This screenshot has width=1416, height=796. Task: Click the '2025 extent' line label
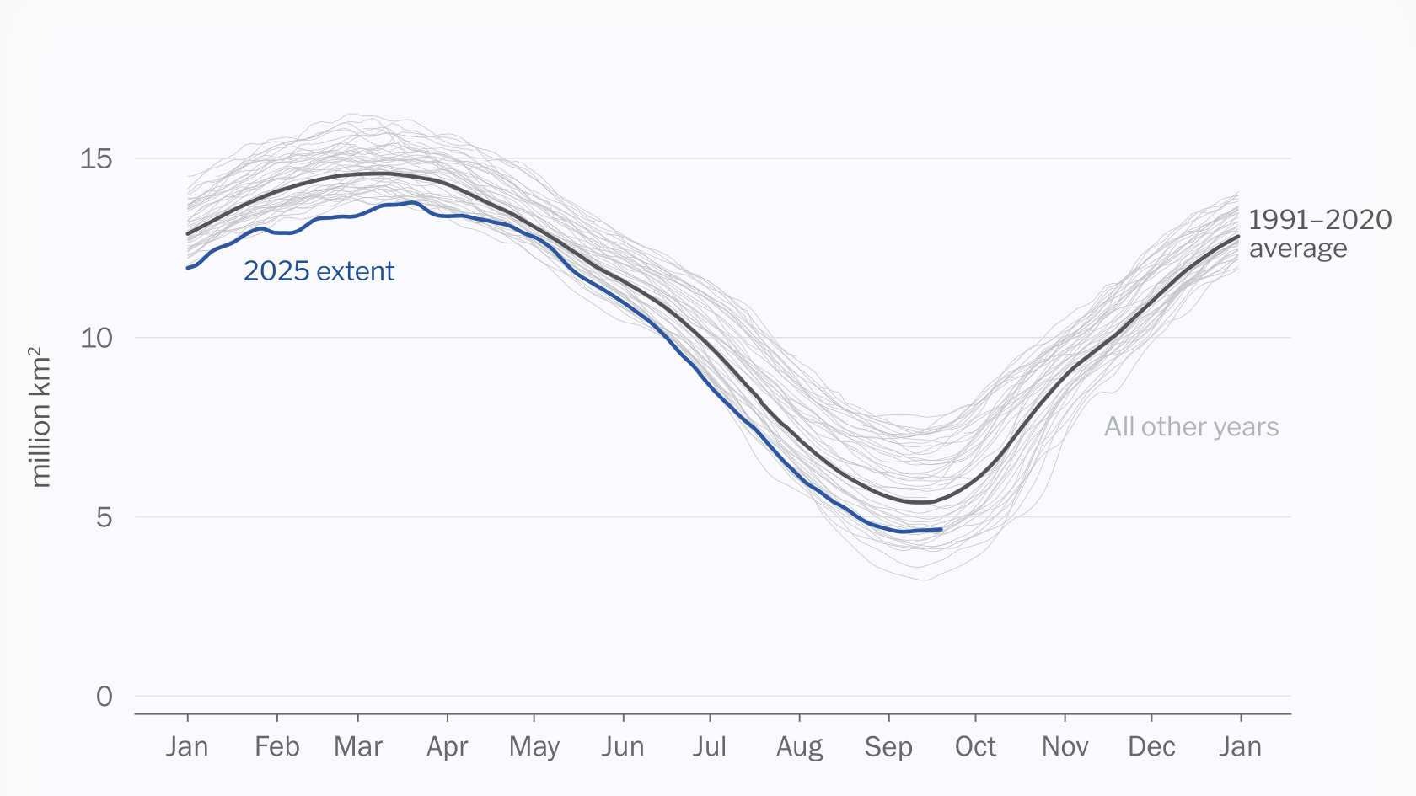click(319, 271)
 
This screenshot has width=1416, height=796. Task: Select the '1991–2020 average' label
click(1319, 233)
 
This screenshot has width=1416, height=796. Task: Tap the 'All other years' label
click(1191, 427)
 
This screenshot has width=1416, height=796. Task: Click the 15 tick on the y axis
click(96, 158)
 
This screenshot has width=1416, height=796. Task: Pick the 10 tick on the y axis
click(96, 338)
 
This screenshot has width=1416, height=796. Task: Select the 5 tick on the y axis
click(104, 517)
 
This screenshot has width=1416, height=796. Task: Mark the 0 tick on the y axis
click(104, 697)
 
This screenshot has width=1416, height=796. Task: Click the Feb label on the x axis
click(276, 746)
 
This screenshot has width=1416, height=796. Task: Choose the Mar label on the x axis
click(358, 746)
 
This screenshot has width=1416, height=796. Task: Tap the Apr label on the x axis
click(447, 746)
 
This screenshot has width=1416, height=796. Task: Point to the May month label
click(534, 746)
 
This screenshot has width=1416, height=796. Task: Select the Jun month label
click(623, 746)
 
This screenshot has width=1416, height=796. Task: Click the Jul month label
click(710, 746)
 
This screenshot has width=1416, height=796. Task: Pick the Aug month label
click(799, 746)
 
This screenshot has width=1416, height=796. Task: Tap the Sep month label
click(888, 746)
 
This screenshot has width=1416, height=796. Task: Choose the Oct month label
click(975, 746)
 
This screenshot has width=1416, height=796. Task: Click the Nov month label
click(1065, 746)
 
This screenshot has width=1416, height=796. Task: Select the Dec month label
click(1151, 746)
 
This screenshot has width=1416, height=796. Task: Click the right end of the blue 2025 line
click(941, 529)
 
